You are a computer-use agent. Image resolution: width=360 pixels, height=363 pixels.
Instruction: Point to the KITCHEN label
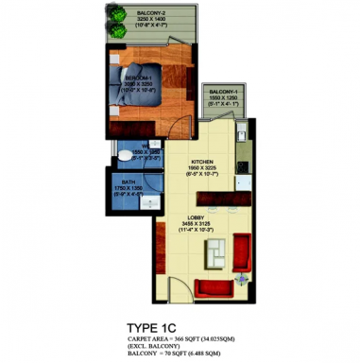[204, 162]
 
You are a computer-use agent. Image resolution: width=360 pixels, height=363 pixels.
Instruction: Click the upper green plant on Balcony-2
[118, 17]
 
